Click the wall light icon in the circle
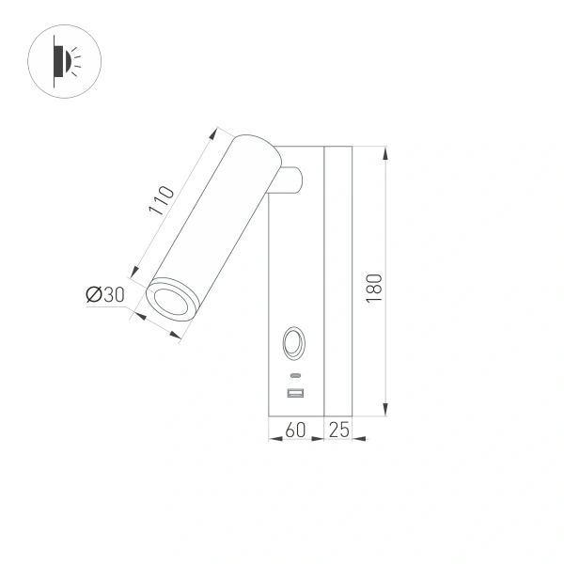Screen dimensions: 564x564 pyautogui.click(x=65, y=61)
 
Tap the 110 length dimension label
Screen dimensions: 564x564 pyautogui.click(x=161, y=202)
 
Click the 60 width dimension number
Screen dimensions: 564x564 pyautogui.click(x=295, y=431)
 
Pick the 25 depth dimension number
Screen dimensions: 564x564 pyautogui.click(x=338, y=431)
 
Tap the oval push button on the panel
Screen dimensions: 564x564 pyautogui.click(x=294, y=342)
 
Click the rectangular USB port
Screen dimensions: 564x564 pyautogui.click(x=295, y=393)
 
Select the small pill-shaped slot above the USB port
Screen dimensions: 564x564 pyautogui.click(x=295, y=375)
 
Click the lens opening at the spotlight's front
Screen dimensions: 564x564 pyautogui.click(x=171, y=302)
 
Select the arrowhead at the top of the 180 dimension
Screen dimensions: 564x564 pyautogui.click(x=386, y=150)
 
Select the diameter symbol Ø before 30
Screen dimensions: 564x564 pyautogui.click(x=94, y=295)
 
